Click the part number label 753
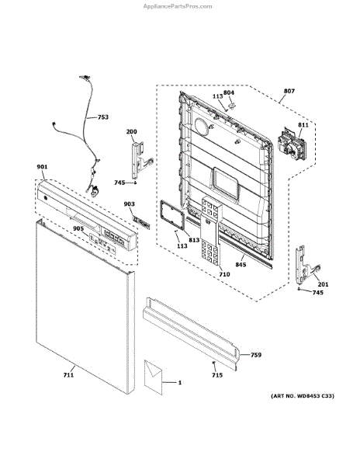pyautogui.click(x=103, y=117)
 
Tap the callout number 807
pyautogui.click(x=289, y=91)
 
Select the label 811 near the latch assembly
pyautogui.click(x=303, y=125)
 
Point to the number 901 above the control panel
pyautogui.click(x=42, y=167)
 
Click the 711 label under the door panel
pyautogui.click(x=68, y=375)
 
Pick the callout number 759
pyautogui.click(x=256, y=355)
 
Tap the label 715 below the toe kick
pyautogui.click(x=217, y=375)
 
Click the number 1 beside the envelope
pyautogui.click(x=179, y=383)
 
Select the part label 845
pyautogui.click(x=241, y=264)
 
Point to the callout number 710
pyautogui.click(x=224, y=274)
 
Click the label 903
pyautogui.click(x=129, y=203)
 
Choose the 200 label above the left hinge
pyautogui.click(x=131, y=132)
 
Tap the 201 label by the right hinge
pyautogui.click(x=324, y=284)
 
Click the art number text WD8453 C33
pyautogui.click(x=315, y=396)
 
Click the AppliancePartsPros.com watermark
pyautogui.click(x=178, y=6)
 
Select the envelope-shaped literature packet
pyautogui.click(x=154, y=377)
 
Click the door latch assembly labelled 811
pyautogui.click(x=291, y=144)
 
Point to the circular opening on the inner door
pyautogui.click(x=202, y=126)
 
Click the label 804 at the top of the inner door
pyautogui.click(x=229, y=92)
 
